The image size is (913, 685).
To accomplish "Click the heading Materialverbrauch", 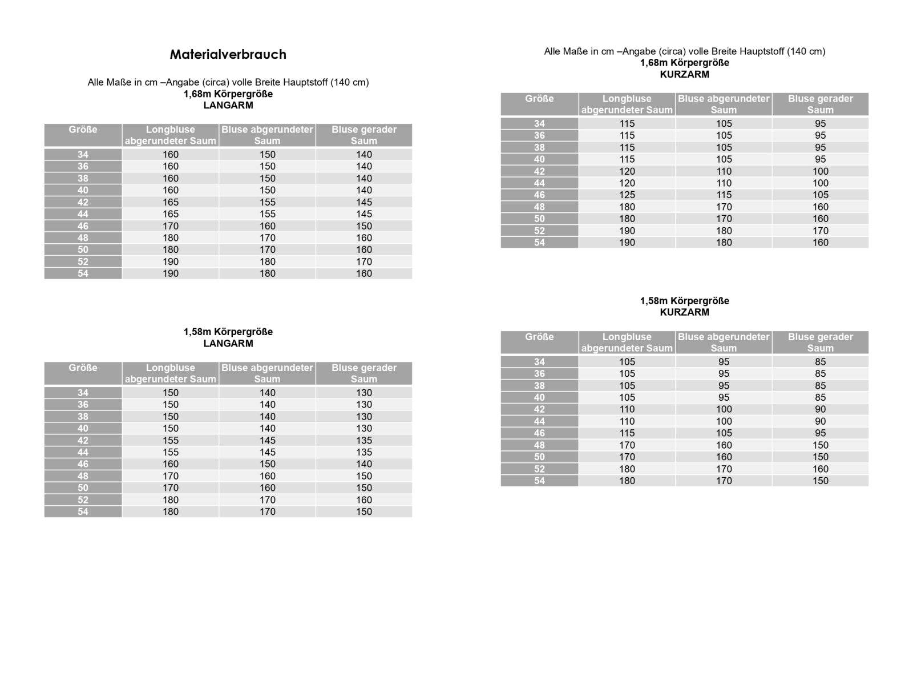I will click(228, 55).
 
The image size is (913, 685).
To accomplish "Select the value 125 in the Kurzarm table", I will click(627, 195).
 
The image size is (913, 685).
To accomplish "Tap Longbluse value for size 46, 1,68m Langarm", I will click(170, 226).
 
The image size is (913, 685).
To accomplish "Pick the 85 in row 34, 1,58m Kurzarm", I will click(820, 362).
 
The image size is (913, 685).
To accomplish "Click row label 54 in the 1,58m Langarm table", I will click(83, 512).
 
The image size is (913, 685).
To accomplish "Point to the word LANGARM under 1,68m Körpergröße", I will click(228, 106).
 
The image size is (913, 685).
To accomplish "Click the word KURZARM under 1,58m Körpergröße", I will click(684, 312).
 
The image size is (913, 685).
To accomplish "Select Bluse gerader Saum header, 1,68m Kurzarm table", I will click(820, 104).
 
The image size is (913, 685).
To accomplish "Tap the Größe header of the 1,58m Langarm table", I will click(83, 368).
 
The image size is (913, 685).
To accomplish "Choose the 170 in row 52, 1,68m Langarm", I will click(363, 262).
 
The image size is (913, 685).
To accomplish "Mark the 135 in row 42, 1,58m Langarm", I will click(363, 441).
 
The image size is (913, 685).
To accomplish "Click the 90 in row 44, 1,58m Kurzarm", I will click(820, 421).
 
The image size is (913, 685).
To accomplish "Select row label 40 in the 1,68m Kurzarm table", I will click(539, 159).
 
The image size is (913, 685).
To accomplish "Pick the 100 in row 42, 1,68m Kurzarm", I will click(820, 171).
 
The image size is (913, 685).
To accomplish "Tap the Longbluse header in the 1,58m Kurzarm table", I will click(627, 342).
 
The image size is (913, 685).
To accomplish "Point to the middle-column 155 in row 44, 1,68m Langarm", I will click(267, 214).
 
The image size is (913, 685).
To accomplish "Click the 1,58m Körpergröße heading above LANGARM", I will click(228, 332).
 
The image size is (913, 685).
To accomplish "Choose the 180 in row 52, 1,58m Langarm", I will click(170, 500).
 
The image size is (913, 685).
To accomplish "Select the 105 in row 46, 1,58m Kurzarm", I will click(724, 433).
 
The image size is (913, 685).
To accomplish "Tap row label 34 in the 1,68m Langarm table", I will click(83, 155).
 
